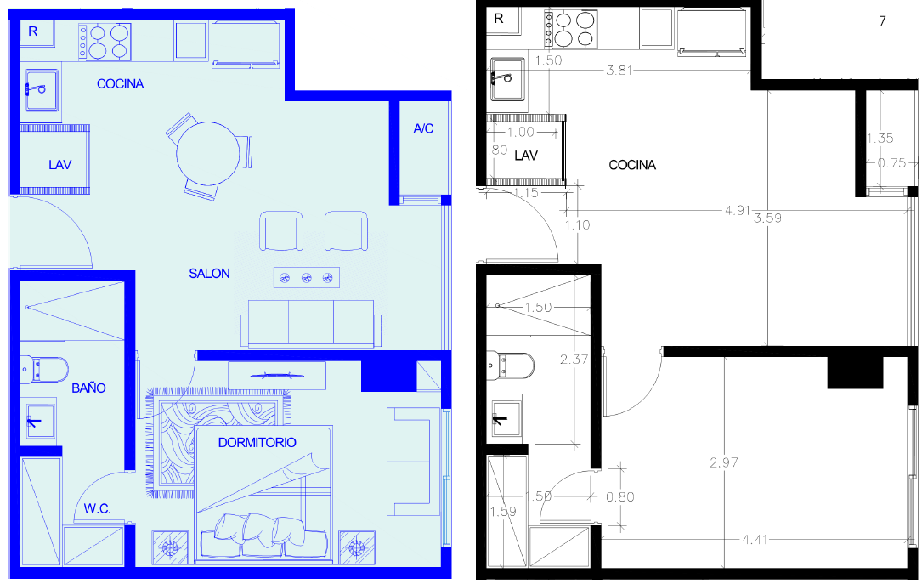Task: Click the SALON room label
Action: [x=209, y=274]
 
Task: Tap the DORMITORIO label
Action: [x=257, y=443]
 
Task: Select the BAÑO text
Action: [x=88, y=388]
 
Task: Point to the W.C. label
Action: [x=97, y=508]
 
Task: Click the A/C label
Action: [x=423, y=128]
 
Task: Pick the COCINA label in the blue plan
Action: [x=121, y=84]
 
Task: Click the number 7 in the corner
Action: [x=882, y=21]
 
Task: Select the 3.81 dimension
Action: [x=619, y=71]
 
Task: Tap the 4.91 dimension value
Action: [x=738, y=210]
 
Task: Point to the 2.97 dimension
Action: [x=724, y=462]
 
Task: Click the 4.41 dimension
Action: [x=755, y=539]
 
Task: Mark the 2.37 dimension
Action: [x=574, y=360]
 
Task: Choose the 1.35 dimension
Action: [x=880, y=139]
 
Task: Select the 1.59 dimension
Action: [x=503, y=512]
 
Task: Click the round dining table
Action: [x=208, y=153]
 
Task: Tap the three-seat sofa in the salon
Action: [x=311, y=324]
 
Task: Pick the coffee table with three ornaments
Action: [x=307, y=278]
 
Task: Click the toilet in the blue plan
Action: [x=45, y=369]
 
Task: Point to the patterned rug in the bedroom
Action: [x=218, y=442]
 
